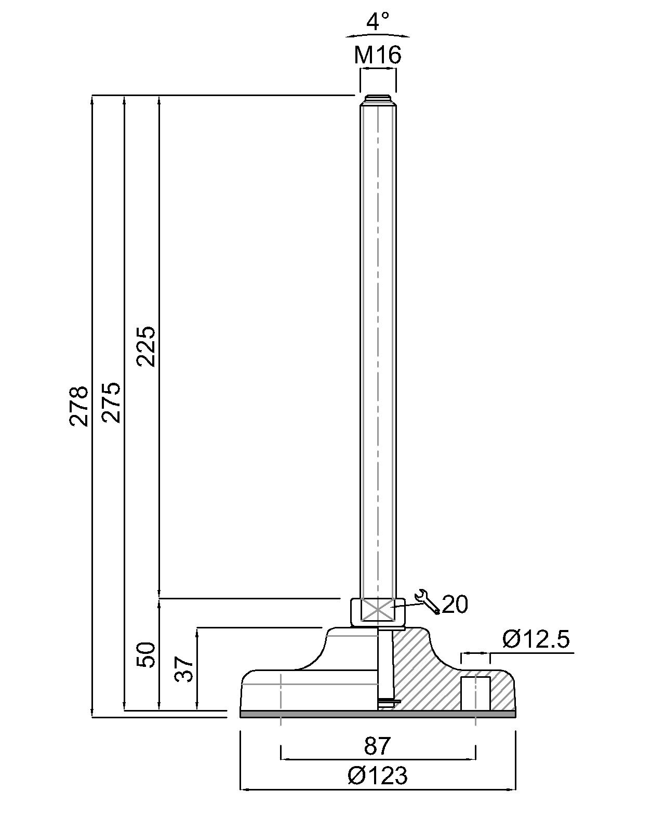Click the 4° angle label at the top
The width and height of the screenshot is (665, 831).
pos(378,21)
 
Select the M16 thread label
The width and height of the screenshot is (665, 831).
pos(378,55)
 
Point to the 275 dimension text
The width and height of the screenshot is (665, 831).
pos(111,403)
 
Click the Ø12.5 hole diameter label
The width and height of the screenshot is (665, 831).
pos(536,639)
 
